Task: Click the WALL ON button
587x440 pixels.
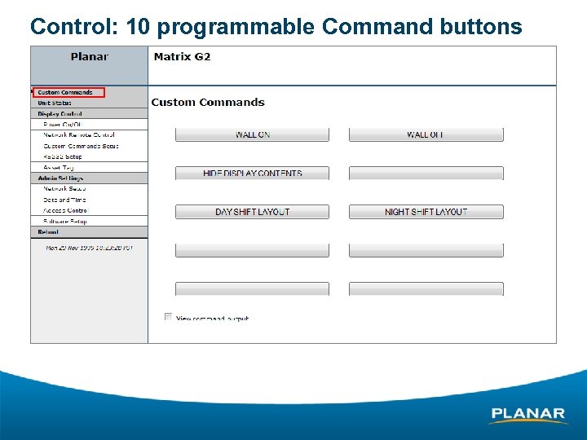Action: [x=252, y=134]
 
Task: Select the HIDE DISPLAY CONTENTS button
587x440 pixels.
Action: [x=252, y=173]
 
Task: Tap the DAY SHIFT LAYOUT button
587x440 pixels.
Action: [x=252, y=212]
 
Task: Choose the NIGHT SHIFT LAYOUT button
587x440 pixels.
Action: [x=426, y=212]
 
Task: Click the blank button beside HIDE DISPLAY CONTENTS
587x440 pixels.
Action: [x=426, y=173]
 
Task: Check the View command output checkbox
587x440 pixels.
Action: [x=168, y=317]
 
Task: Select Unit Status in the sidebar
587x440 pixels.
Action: [x=55, y=103]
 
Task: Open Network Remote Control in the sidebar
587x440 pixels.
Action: [x=78, y=135]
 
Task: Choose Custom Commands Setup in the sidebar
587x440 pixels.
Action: [x=81, y=146]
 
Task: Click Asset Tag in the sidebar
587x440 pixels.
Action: [x=59, y=167]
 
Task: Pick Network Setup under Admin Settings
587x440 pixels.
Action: [x=64, y=188]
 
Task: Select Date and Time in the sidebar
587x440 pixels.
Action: [x=64, y=200]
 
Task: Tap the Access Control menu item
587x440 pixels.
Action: [x=65, y=210]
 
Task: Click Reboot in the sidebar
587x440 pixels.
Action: [x=49, y=232]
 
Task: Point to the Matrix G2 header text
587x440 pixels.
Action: [x=183, y=56]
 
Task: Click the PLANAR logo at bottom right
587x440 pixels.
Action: [x=527, y=415]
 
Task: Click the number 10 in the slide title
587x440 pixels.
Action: [x=138, y=26]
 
